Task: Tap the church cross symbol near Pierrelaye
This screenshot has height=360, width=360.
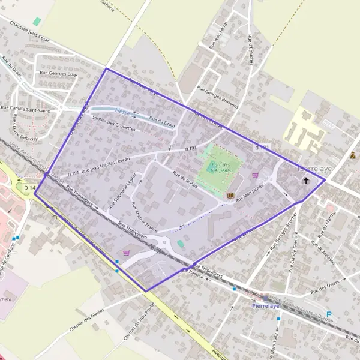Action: click(x=307, y=180)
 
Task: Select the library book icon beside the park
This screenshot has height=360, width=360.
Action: click(x=231, y=196)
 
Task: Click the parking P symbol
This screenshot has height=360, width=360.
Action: click(x=329, y=314)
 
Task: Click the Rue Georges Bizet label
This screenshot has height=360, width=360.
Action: click(x=58, y=74)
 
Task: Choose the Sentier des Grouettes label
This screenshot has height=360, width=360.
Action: click(x=114, y=124)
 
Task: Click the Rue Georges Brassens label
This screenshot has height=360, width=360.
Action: click(x=217, y=96)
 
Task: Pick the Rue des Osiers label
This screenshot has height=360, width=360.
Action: click(x=324, y=284)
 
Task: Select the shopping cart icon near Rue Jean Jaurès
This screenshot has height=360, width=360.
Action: click(x=256, y=176)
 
